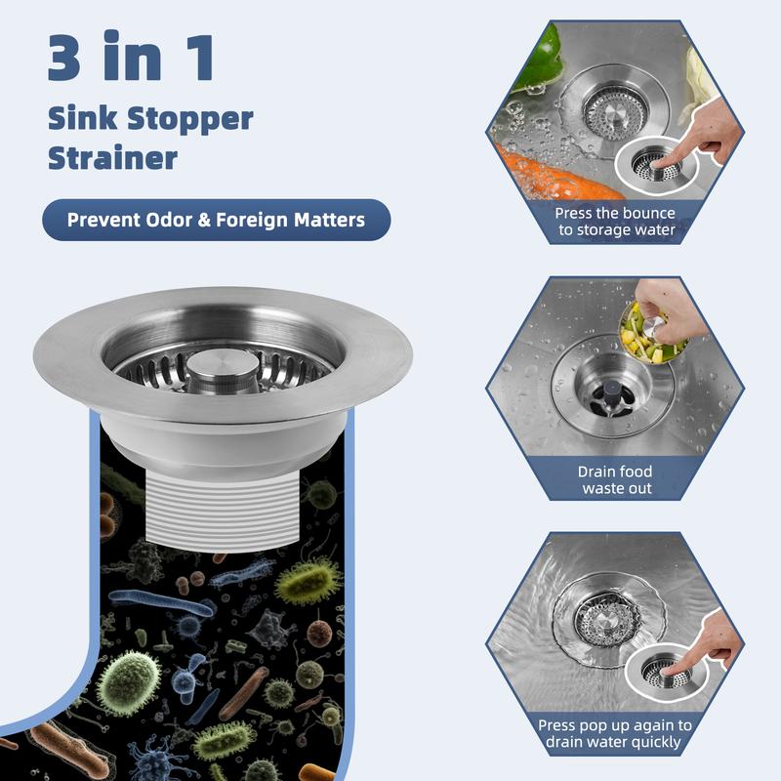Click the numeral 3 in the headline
(64, 57)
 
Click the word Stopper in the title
(190, 120)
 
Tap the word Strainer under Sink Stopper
(112, 158)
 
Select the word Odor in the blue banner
(169, 220)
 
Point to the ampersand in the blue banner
(205, 221)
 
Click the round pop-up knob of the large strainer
(223, 368)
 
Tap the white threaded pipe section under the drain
(223, 511)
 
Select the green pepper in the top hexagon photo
(540, 58)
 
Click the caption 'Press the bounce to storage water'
(616, 222)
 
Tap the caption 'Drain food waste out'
(616, 479)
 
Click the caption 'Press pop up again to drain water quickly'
(615, 733)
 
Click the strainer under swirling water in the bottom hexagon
(605, 619)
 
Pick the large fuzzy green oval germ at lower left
(128, 683)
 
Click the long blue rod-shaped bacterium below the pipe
(161, 603)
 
